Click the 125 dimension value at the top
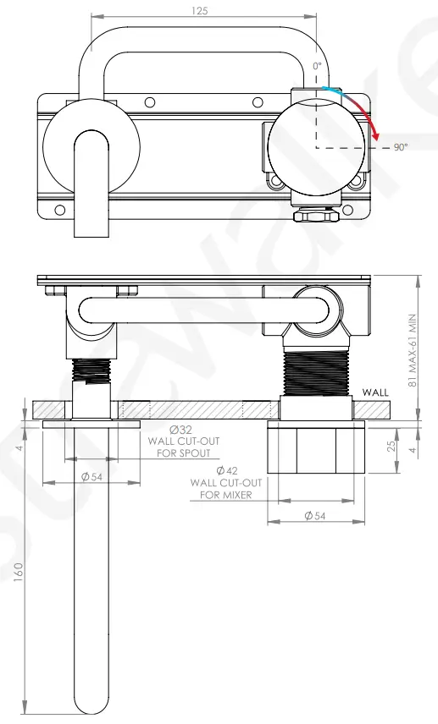tap(200, 10)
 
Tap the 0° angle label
tap(317, 65)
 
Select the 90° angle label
tap(401, 147)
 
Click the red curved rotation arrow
tap(366, 114)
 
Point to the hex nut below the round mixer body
tap(314, 216)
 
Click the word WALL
tap(374, 392)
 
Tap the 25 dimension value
tap(392, 445)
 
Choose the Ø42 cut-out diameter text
tap(226, 470)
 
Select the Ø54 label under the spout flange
tap(91, 476)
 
